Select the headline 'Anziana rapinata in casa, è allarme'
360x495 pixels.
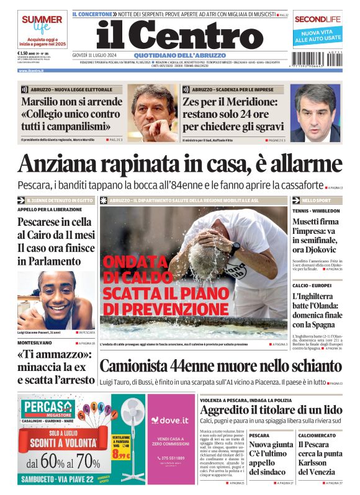pos(180,164)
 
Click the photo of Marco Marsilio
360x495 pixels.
pos(153,113)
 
